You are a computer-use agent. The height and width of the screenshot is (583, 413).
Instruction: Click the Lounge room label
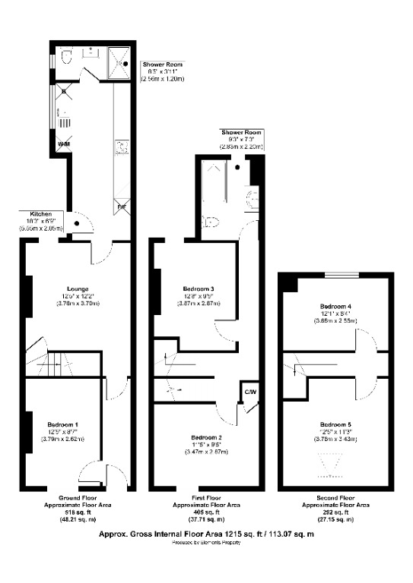pos(77,288)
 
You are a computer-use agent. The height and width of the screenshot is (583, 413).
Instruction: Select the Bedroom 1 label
pos(63,424)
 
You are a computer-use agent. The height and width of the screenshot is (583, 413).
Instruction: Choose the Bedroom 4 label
pos(335,306)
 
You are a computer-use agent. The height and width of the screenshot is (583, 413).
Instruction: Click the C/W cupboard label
pos(249,392)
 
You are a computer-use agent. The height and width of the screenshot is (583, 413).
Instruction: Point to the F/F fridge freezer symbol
pos(121,206)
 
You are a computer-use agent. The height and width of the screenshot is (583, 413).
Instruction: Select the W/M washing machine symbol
pos(63,145)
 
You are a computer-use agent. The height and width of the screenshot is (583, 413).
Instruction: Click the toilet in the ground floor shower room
pos(66,57)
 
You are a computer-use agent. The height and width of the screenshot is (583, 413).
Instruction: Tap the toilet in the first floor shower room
pos(212,222)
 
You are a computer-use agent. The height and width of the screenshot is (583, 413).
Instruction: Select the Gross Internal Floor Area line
pos(206,534)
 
